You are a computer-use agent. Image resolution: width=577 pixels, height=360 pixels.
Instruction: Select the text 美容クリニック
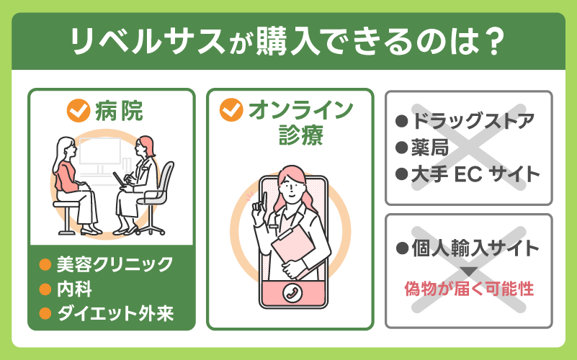[x=115, y=264]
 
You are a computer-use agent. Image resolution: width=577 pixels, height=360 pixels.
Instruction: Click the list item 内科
[x=75, y=289]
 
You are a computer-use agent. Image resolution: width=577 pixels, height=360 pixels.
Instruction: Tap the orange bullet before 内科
[x=45, y=289]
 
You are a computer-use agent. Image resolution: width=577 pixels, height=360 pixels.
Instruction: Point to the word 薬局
[x=430, y=147]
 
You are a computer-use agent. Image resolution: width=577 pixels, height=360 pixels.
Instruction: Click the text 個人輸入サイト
[x=475, y=249]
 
